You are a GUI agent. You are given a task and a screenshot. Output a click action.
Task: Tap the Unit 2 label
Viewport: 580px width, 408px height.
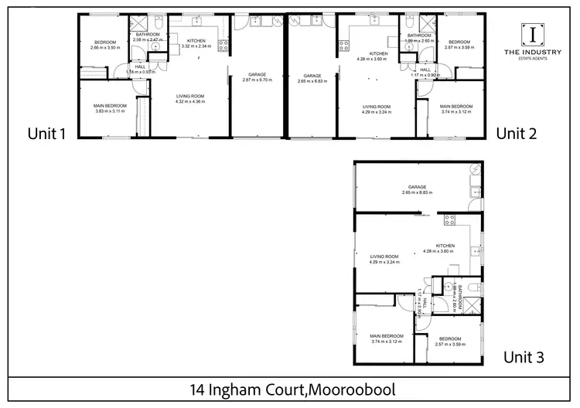pos(517,134)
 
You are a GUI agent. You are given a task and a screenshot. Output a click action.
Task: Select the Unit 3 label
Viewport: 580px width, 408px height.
pos(524,357)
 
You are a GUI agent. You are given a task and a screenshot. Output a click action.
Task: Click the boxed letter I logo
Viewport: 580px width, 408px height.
pos(533,33)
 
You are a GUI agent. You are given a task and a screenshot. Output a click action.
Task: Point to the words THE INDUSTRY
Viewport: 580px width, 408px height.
pos(533,52)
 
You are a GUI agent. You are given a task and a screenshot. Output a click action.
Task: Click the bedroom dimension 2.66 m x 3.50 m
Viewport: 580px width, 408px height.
pos(104,48)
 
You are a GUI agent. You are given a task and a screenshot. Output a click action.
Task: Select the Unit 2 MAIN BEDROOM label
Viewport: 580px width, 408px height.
pos(456,106)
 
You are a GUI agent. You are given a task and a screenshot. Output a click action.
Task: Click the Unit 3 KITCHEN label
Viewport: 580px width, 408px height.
pos(444,246)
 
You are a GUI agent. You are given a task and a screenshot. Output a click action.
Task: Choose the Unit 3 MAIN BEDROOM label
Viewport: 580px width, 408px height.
pos(387,336)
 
